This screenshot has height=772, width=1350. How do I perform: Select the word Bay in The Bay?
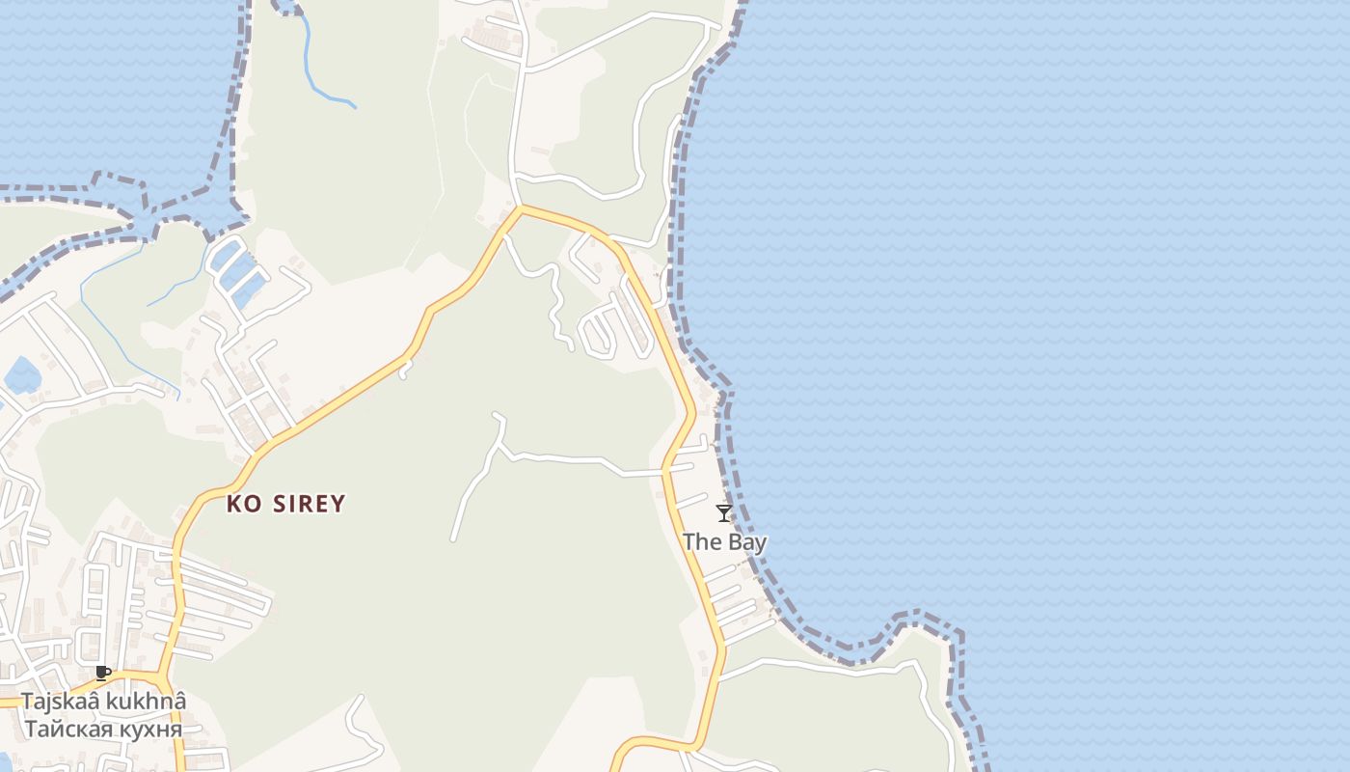click(747, 542)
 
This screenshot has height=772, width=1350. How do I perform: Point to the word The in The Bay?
click(702, 542)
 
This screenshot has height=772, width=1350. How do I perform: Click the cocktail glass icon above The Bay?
click(724, 513)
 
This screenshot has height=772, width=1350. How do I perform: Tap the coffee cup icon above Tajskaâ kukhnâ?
click(103, 673)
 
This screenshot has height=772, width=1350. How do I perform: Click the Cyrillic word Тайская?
click(63, 729)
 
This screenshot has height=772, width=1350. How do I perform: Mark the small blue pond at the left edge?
click(21, 374)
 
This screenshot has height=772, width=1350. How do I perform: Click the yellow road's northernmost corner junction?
click(521, 207)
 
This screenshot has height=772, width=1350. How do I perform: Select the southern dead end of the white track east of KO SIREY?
click(452, 538)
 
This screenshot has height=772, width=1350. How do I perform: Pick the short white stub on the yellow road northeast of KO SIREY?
click(404, 369)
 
